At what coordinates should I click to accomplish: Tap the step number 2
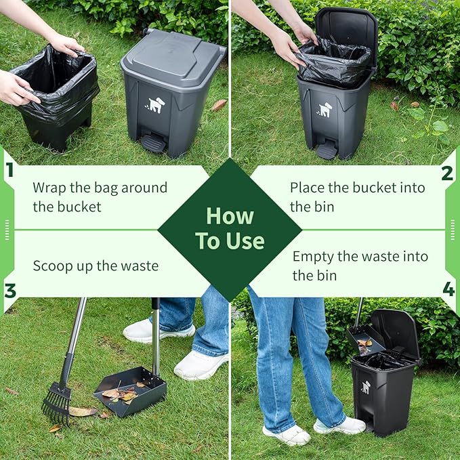coord(447,173)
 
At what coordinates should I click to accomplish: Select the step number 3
coord(9,291)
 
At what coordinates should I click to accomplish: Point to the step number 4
coord(448,289)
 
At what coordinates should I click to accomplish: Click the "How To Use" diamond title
coord(230,228)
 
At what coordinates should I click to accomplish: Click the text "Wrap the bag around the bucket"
coord(100,196)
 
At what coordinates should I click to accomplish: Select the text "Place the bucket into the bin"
coord(358,196)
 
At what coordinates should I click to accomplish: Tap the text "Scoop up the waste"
coord(96,266)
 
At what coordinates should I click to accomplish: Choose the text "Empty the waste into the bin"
coord(360,266)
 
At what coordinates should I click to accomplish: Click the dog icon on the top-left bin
coord(156,106)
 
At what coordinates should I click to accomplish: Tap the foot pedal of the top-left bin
coord(153,143)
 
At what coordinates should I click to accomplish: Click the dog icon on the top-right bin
coord(326,109)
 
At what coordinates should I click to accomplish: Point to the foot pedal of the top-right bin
coord(327,150)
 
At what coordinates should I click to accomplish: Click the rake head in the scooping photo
coord(56,405)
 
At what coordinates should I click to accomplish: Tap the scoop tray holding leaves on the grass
coord(130,391)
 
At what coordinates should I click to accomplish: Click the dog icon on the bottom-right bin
coord(366,387)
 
